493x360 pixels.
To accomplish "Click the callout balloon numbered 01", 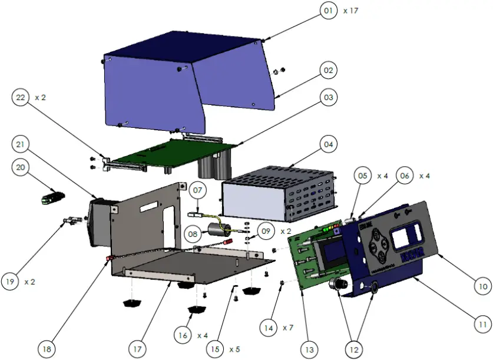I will coord(329,11).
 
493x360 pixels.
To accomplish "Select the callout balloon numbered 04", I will coord(329,144).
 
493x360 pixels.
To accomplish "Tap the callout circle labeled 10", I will coord(482,286).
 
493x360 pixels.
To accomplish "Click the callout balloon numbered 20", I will coord(21,168).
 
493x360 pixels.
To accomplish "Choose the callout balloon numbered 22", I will coord(21,98).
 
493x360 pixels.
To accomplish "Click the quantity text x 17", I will coord(351,11).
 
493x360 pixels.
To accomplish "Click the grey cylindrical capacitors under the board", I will coord(215,165).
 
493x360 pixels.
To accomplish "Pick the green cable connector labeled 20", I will coord(52,197).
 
